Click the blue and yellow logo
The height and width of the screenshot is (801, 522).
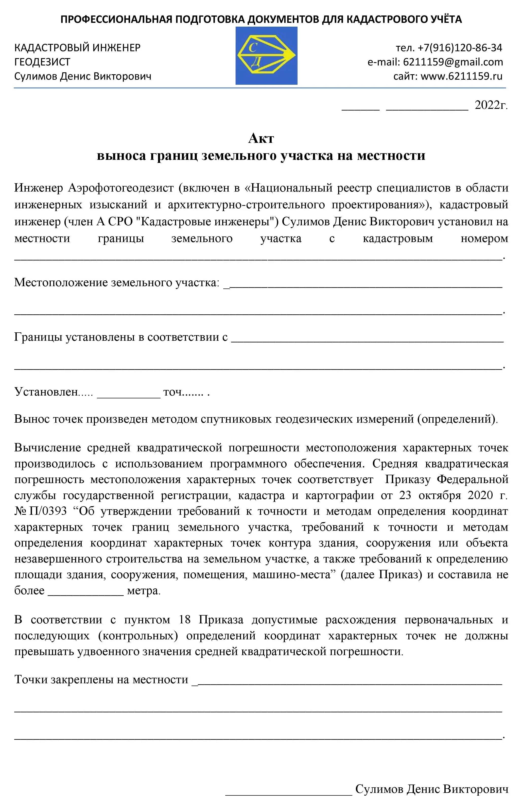pyautogui.click(x=266, y=56)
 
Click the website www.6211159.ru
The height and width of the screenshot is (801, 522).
pyautogui.click(x=461, y=76)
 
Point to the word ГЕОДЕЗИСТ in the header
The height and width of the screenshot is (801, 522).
pyautogui.click(x=42, y=62)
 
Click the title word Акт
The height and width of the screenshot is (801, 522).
pyautogui.click(x=261, y=138)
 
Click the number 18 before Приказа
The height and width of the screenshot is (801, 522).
pyautogui.click(x=185, y=620)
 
